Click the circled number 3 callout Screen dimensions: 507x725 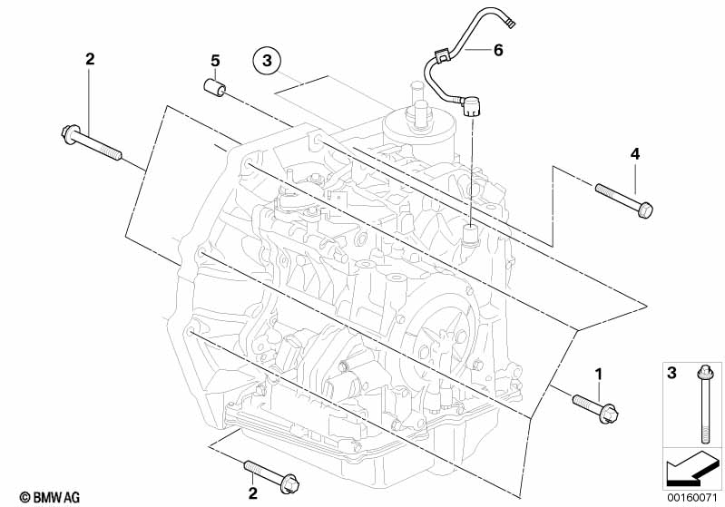pyautogui.click(x=266, y=61)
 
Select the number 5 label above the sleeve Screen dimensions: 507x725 pyautogui.click(x=215, y=61)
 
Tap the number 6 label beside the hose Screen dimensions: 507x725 pyautogui.click(x=497, y=50)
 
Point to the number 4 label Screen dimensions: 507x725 pyautogui.click(x=635, y=154)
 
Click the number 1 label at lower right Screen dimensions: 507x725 pyautogui.click(x=599, y=373)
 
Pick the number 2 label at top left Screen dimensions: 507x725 pyautogui.click(x=90, y=60)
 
